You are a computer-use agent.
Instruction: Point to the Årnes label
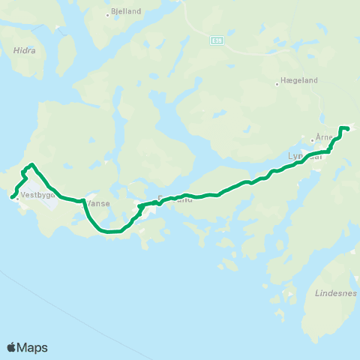click(x=324, y=137)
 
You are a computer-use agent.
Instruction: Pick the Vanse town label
click(x=98, y=202)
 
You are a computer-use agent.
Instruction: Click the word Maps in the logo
click(x=33, y=347)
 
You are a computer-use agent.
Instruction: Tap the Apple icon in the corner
click(x=12, y=346)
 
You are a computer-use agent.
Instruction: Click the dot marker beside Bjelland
click(x=108, y=13)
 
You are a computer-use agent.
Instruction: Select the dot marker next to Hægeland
click(x=277, y=84)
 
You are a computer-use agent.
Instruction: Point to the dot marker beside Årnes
click(x=313, y=139)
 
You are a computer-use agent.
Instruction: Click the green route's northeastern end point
click(x=348, y=129)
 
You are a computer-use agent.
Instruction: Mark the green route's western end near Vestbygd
click(x=13, y=197)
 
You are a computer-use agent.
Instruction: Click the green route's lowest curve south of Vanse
click(x=109, y=232)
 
